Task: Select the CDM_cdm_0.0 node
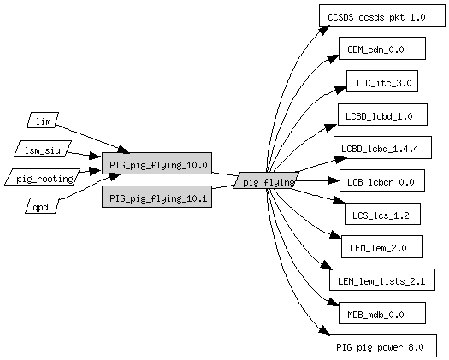pos(382,49)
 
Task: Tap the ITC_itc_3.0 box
pos(382,81)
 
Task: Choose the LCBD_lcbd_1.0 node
pos(382,115)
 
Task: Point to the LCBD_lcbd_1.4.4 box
pos(382,147)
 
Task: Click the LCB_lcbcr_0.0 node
pos(382,180)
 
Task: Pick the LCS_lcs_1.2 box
pos(382,214)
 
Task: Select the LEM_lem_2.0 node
pos(382,246)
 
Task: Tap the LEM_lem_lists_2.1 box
pos(382,280)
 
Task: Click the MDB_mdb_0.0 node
pos(382,313)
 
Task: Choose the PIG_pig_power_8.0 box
pos(382,345)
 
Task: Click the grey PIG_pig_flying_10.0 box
pos(157,163)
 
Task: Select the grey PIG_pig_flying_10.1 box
pos(157,197)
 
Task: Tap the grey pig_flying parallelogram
pos(266,180)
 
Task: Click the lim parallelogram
pos(43,120)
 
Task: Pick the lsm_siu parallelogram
pos(43,149)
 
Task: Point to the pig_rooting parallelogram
pos(43,177)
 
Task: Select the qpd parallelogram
pos(43,205)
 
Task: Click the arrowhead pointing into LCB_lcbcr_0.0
pos(334,180)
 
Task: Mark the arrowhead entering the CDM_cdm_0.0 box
pos(333,58)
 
